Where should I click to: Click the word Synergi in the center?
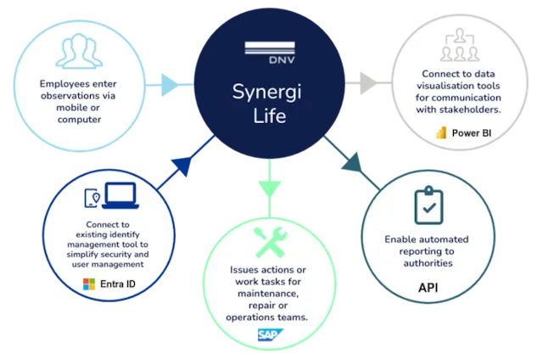tap(269, 91)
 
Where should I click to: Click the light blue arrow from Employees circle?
tap(170, 85)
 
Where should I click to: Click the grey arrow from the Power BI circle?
tap(367, 85)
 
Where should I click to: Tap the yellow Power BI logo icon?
tap(440, 133)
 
